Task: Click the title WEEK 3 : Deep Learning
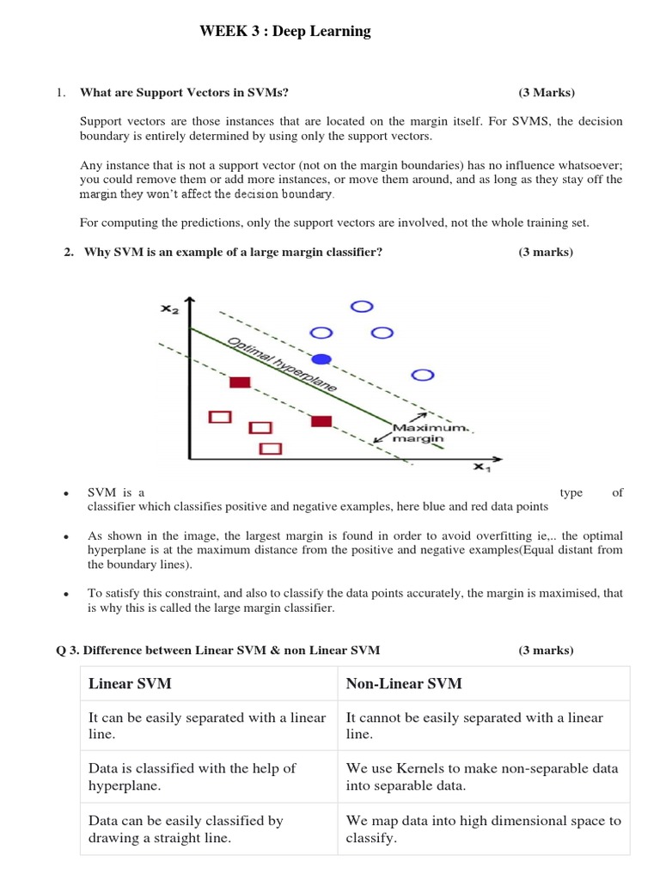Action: [284, 32]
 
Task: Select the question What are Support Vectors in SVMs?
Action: [190, 92]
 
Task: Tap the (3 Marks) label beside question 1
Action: [546, 92]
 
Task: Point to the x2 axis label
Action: [169, 309]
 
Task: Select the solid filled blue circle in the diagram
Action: [321, 357]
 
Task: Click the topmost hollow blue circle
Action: [363, 306]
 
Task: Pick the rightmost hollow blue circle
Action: [423, 375]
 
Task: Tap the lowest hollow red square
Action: [271, 448]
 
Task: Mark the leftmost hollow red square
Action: [221, 417]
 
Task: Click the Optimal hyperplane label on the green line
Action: [282, 364]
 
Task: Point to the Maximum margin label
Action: [421, 432]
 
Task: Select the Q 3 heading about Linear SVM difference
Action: [217, 650]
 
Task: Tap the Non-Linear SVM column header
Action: [403, 683]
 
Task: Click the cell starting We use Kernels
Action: [481, 777]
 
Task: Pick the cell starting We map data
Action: [482, 828]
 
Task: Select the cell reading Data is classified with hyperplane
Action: [192, 777]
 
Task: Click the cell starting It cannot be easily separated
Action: [474, 725]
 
